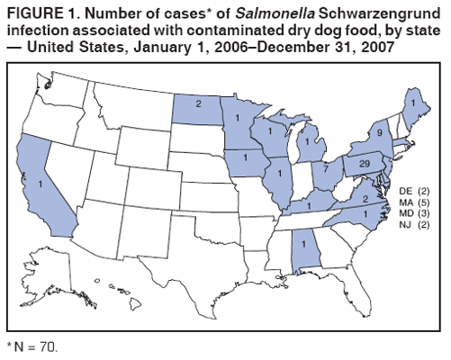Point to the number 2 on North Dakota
pos(198,103)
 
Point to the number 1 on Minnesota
pos(235,117)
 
